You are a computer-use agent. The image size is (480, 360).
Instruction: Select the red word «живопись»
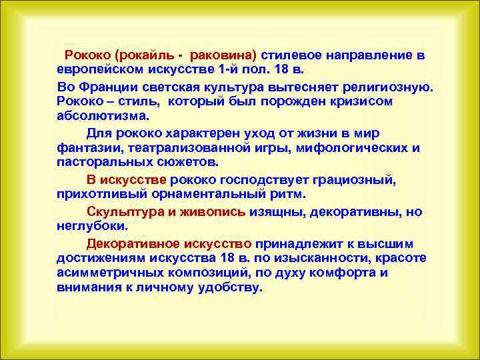point(213,212)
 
